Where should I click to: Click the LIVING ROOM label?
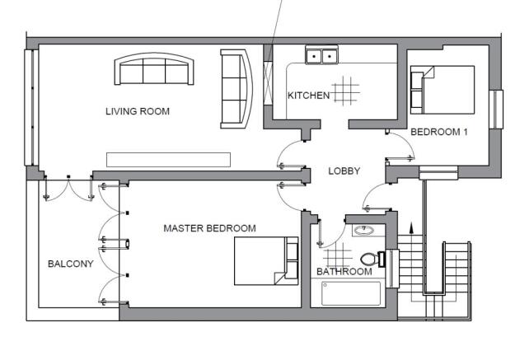[138, 111]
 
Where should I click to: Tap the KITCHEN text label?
[308, 96]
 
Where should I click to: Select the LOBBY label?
[344, 171]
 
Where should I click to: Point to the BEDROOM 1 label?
[439, 132]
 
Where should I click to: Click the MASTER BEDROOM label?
[209, 228]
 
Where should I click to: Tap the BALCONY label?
[71, 264]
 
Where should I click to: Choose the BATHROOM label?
[344, 272]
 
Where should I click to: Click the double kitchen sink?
[321, 54]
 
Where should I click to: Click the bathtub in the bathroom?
[351, 293]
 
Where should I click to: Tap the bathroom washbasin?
[363, 231]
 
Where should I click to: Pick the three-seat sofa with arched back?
[154, 69]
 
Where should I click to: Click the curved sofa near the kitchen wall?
[236, 89]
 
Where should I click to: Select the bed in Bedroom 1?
[442, 90]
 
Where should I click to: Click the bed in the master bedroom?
[266, 261]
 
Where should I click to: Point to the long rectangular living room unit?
[168, 160]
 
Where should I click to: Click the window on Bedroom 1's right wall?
[496, 109]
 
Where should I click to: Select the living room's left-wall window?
[31, 107]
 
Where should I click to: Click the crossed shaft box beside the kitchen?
[268, 83]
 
